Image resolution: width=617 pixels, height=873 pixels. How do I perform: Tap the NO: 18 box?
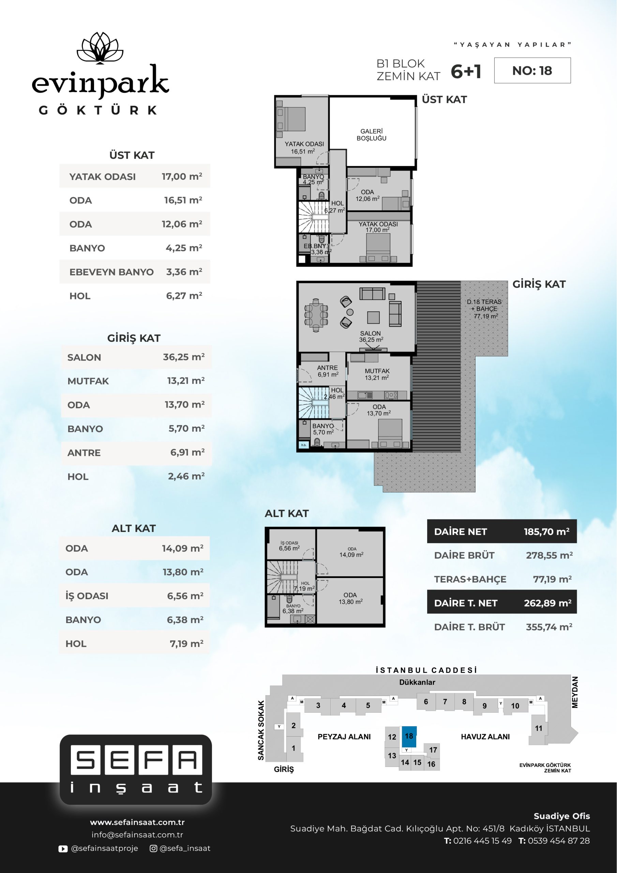pos(532,70)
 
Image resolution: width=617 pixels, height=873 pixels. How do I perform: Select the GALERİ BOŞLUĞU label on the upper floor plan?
pos(372,135)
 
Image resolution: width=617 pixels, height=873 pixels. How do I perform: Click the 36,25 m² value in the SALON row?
pos(184,357)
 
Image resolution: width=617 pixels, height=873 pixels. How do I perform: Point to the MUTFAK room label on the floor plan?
pos(377,371)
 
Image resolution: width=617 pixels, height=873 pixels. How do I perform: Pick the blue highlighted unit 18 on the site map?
pos(409,737)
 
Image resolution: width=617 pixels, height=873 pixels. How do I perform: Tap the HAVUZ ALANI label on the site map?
pos(485,737)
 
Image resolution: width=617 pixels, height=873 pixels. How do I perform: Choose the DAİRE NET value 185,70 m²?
pos(547,532)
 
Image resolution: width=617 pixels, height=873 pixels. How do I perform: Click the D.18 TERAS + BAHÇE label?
pos(485,309)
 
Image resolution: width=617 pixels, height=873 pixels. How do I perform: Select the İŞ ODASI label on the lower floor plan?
pos(289,543)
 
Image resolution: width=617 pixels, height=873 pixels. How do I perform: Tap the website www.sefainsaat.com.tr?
pos(137,822)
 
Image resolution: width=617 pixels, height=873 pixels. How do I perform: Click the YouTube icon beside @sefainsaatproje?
pos(63,848)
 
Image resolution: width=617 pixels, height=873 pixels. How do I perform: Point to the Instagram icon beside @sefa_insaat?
pos(154,848)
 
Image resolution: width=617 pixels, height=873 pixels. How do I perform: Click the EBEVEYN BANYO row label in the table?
pos(111,272)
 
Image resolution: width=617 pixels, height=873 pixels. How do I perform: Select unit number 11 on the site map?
pos(539,728)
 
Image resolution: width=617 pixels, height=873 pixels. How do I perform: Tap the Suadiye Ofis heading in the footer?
pos(562,816)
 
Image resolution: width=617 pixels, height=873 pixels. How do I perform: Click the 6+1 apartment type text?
pos(466,72)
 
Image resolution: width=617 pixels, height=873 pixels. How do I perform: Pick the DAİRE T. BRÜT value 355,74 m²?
pos(549,627)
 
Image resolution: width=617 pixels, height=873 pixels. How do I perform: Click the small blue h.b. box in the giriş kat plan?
pos(304,444)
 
